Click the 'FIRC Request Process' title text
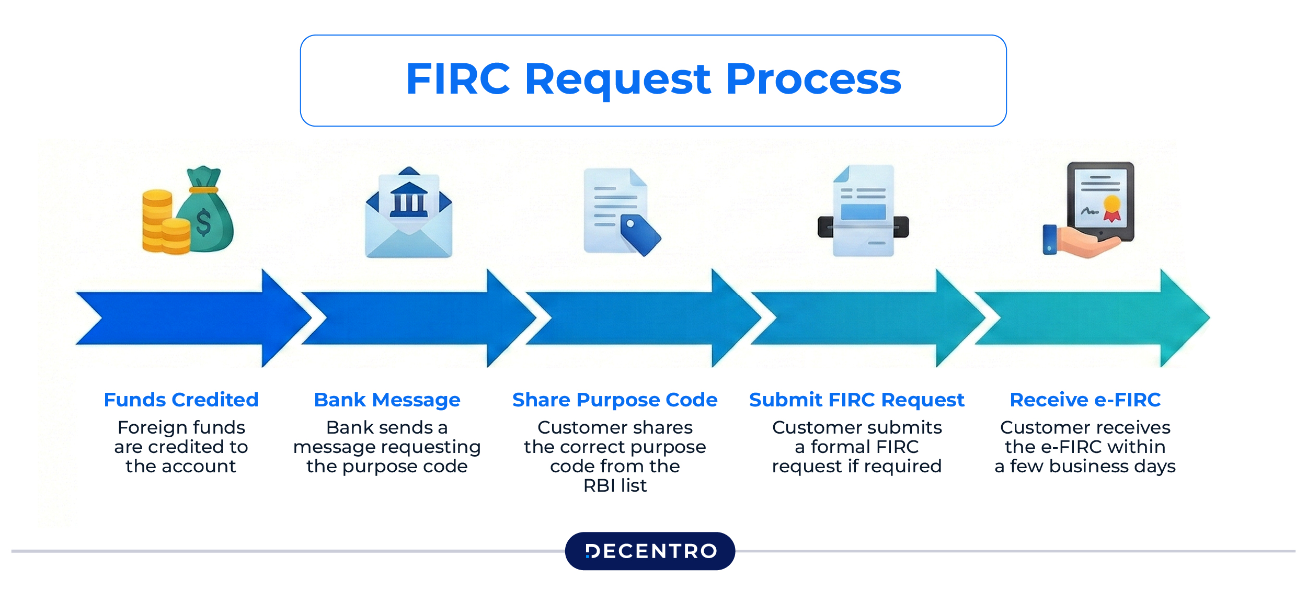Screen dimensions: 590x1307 653,80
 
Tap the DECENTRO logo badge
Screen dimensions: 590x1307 650,551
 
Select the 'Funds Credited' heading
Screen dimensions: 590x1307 181,400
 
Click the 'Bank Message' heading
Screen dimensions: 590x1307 387,400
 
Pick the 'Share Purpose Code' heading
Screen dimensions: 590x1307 615,400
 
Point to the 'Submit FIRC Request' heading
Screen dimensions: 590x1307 856,400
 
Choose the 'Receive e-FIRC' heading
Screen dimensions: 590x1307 1085,400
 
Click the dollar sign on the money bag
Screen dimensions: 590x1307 203,222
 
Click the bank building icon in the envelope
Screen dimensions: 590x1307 408,200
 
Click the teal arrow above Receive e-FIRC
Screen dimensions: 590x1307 1093,318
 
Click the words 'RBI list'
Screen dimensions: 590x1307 615,485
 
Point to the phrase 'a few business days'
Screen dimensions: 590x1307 1085,466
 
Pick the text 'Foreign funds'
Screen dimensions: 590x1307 181,427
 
